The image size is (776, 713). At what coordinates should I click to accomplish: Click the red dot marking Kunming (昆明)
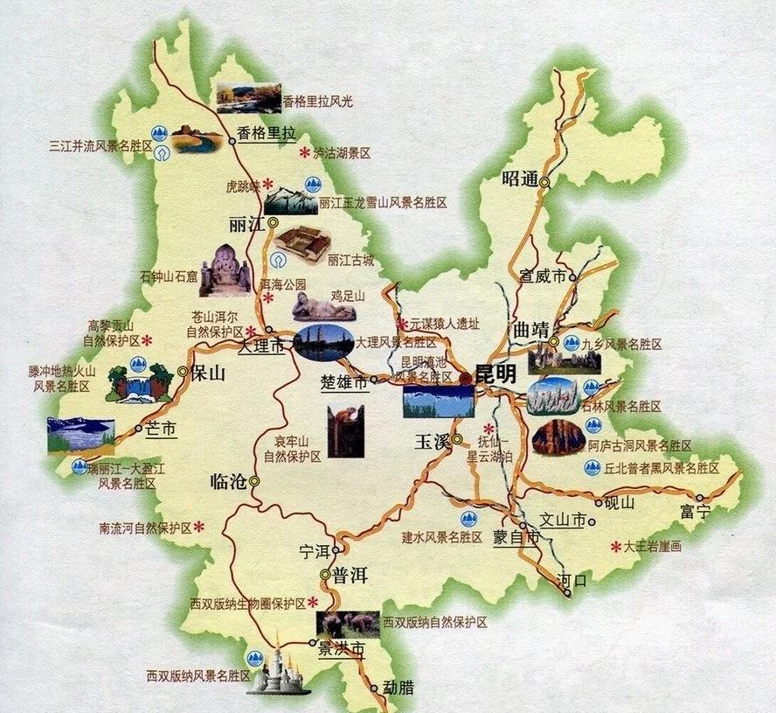click(x=466, y=377)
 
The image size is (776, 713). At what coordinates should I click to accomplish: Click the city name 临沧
click(x=229, y=480)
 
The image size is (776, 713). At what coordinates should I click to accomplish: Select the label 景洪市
click(x=340, y=651)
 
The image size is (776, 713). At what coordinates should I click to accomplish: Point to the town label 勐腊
click(x=398, y=688)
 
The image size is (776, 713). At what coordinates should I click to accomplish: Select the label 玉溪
click(x=432, y=441)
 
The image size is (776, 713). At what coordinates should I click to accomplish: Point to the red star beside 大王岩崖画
click(x=615, y=546)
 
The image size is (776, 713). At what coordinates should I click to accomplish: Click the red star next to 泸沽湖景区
click(x=305, y=153)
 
